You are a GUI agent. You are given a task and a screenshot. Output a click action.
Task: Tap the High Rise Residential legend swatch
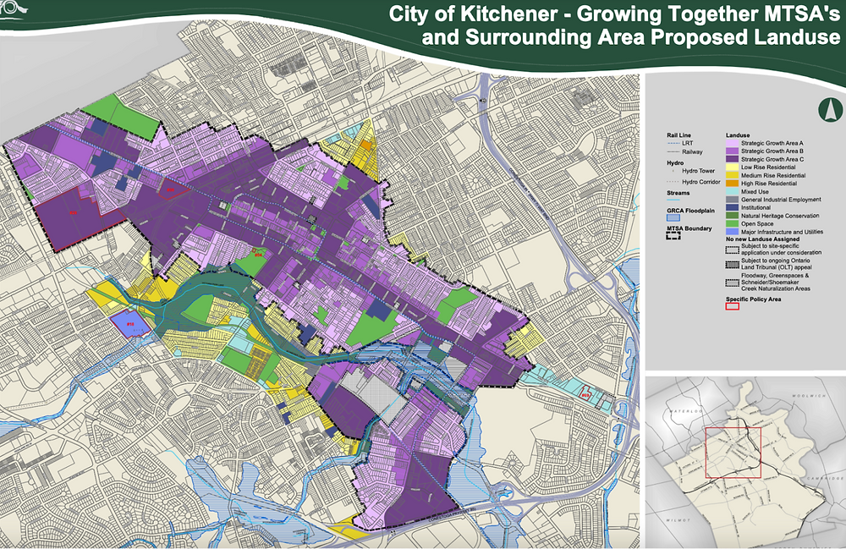731,183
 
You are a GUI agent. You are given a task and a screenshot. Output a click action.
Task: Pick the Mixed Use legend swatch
731,191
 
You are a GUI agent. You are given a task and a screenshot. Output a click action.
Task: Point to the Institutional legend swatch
731,207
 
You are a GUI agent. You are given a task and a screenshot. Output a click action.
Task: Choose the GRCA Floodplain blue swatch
674,217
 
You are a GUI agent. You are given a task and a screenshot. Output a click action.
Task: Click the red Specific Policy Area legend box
732,307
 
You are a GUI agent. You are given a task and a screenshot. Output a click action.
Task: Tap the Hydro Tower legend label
695,170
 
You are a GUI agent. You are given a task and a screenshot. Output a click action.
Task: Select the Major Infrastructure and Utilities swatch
731,231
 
